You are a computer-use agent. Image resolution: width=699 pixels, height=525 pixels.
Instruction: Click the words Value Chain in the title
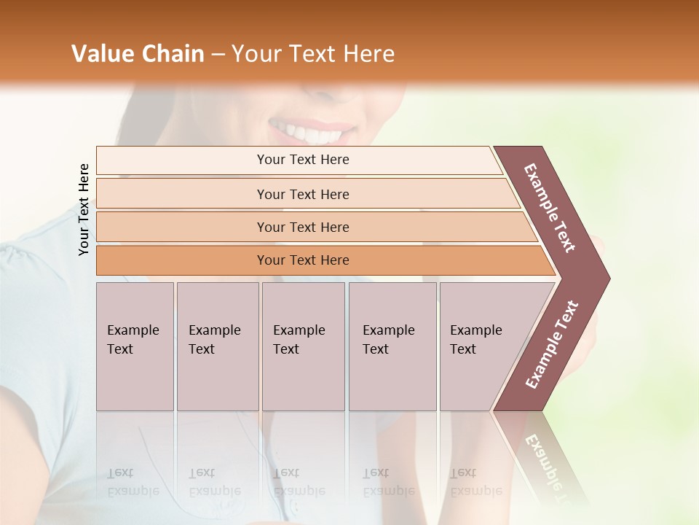(x=138, y=54)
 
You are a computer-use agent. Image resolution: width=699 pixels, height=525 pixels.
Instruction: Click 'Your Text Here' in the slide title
(x=313, y=54)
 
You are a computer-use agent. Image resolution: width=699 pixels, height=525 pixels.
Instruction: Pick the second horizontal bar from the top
(x=303, y=194)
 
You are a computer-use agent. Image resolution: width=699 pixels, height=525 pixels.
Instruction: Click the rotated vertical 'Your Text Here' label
(x=84, y=210)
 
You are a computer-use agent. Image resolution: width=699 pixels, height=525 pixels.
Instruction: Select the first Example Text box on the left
(x=135, y=346)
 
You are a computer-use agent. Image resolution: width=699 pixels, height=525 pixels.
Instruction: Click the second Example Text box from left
(x=217, y=346)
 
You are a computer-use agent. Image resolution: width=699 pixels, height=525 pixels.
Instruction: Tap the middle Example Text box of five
(x=303, y=346)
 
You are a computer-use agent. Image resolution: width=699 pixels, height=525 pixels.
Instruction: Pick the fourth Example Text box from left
(x=392, y=346)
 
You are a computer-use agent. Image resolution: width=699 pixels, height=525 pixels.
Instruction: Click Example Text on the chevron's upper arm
(x=550, y=208)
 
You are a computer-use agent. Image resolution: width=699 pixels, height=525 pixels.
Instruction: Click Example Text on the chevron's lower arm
(x=552, y=345)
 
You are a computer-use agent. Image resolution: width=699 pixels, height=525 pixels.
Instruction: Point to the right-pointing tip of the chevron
(x=606, y=279)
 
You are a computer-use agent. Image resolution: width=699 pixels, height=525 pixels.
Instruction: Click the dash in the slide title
(x=218, y=55)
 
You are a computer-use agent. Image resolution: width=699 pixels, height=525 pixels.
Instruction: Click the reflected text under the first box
(x=133, y=482)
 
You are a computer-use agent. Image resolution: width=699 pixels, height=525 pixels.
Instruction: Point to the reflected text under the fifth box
(x=476, y=482)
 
